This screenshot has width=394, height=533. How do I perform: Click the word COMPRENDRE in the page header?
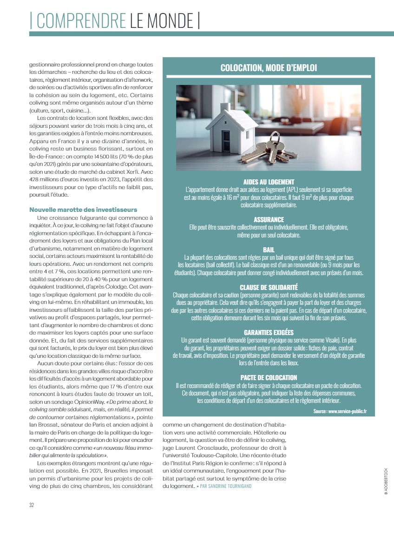click(x=80, y=21)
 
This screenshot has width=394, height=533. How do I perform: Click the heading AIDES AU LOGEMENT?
click(x=269, y=182)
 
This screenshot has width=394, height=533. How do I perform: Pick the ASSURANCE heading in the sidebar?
click(x=269, y=219)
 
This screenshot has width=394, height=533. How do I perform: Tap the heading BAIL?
click(x=269, y=250)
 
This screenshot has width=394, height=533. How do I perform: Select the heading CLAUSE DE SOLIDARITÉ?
click(x=269, y=288)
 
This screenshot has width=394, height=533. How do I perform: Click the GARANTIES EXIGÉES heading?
click(x=269, y=333)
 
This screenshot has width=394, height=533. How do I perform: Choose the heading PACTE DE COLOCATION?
click(x=269, y=378)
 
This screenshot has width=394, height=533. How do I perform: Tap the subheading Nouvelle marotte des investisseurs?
click(x=84, y=210)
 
